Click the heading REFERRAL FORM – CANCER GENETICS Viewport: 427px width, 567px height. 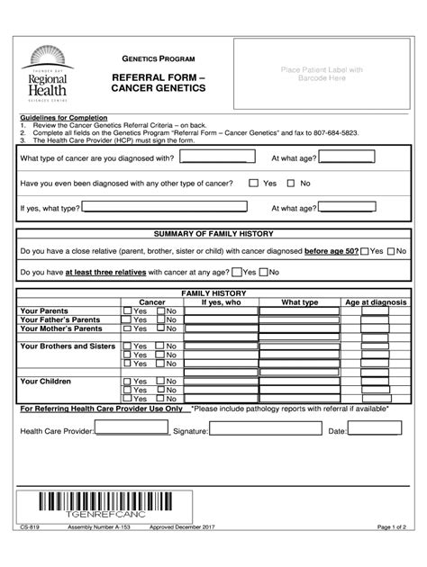[158, 83]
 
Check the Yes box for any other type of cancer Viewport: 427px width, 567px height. [255, 184]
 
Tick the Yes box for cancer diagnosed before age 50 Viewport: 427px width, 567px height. [366, 251]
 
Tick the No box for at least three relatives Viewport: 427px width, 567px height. [262, 271]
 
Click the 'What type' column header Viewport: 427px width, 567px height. [299, 302]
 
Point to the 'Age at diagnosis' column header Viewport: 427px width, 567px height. [377, 302]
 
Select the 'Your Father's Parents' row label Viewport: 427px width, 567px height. [60, 319]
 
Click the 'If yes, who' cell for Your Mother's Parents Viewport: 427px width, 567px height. [221, 328]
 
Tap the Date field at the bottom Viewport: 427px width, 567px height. [378, 432]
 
